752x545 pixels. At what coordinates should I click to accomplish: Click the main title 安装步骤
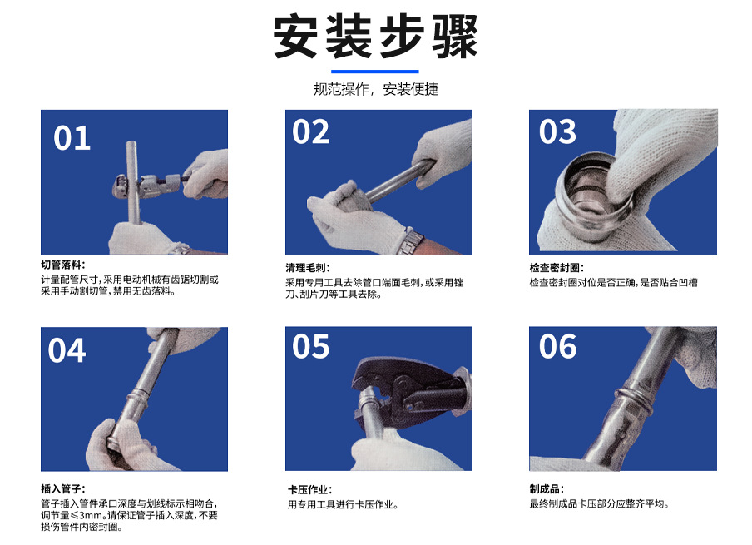(x=376, y=37)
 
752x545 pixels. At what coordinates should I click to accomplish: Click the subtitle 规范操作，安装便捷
(x=376, y=89)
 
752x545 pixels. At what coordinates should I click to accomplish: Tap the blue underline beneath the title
(x=376, y=72)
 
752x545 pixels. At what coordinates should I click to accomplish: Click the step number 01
(x=72, y=138)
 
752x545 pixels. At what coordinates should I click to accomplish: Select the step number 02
(x=310, y=132)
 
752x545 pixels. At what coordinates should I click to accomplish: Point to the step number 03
(x=557, y=132)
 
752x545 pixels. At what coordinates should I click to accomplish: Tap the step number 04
(x=67, y=351)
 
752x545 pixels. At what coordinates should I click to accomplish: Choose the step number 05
(x=310, y=347)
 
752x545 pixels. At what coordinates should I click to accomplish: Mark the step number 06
(x=557, y=347)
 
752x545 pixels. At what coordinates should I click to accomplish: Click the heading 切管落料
(x=63, y=265)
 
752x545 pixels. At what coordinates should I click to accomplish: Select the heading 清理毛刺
(x=308, y=268)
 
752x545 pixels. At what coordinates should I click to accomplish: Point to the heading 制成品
(x=547, y=489)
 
